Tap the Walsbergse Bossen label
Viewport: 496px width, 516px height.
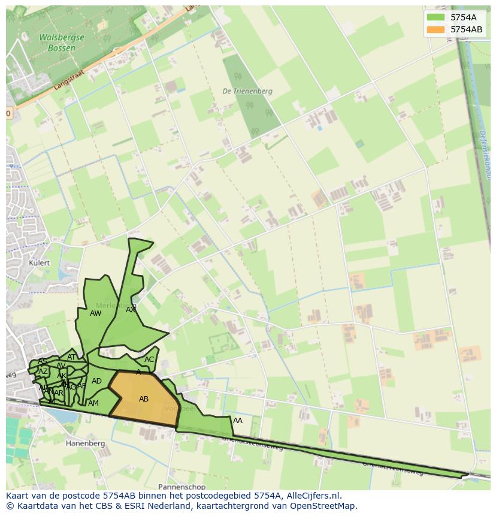(x=62, y=42)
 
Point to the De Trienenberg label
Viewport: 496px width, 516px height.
(x=247, y=91)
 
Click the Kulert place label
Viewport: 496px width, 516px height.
(x=40, y=263)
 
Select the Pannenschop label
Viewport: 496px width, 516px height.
(x=182, y=487)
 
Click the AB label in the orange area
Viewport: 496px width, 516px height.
(x=144, y=399)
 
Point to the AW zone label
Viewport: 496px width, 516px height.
(x=95, y=313)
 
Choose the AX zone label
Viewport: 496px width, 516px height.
(x=131, y=310)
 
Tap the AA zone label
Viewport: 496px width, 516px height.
(x=238, y=421)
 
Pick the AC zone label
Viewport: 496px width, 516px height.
(x=149, y=360)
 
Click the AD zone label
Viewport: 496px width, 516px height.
(x=96, y=381)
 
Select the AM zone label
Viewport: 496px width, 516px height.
(x=93, y=403)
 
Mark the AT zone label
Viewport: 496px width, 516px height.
(x=71, y=357)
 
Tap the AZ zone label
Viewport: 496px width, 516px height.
(x=43, y=372)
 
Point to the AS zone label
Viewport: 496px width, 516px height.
(x=43, y=361)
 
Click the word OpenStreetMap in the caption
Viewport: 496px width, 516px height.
(x=324, y=505)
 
